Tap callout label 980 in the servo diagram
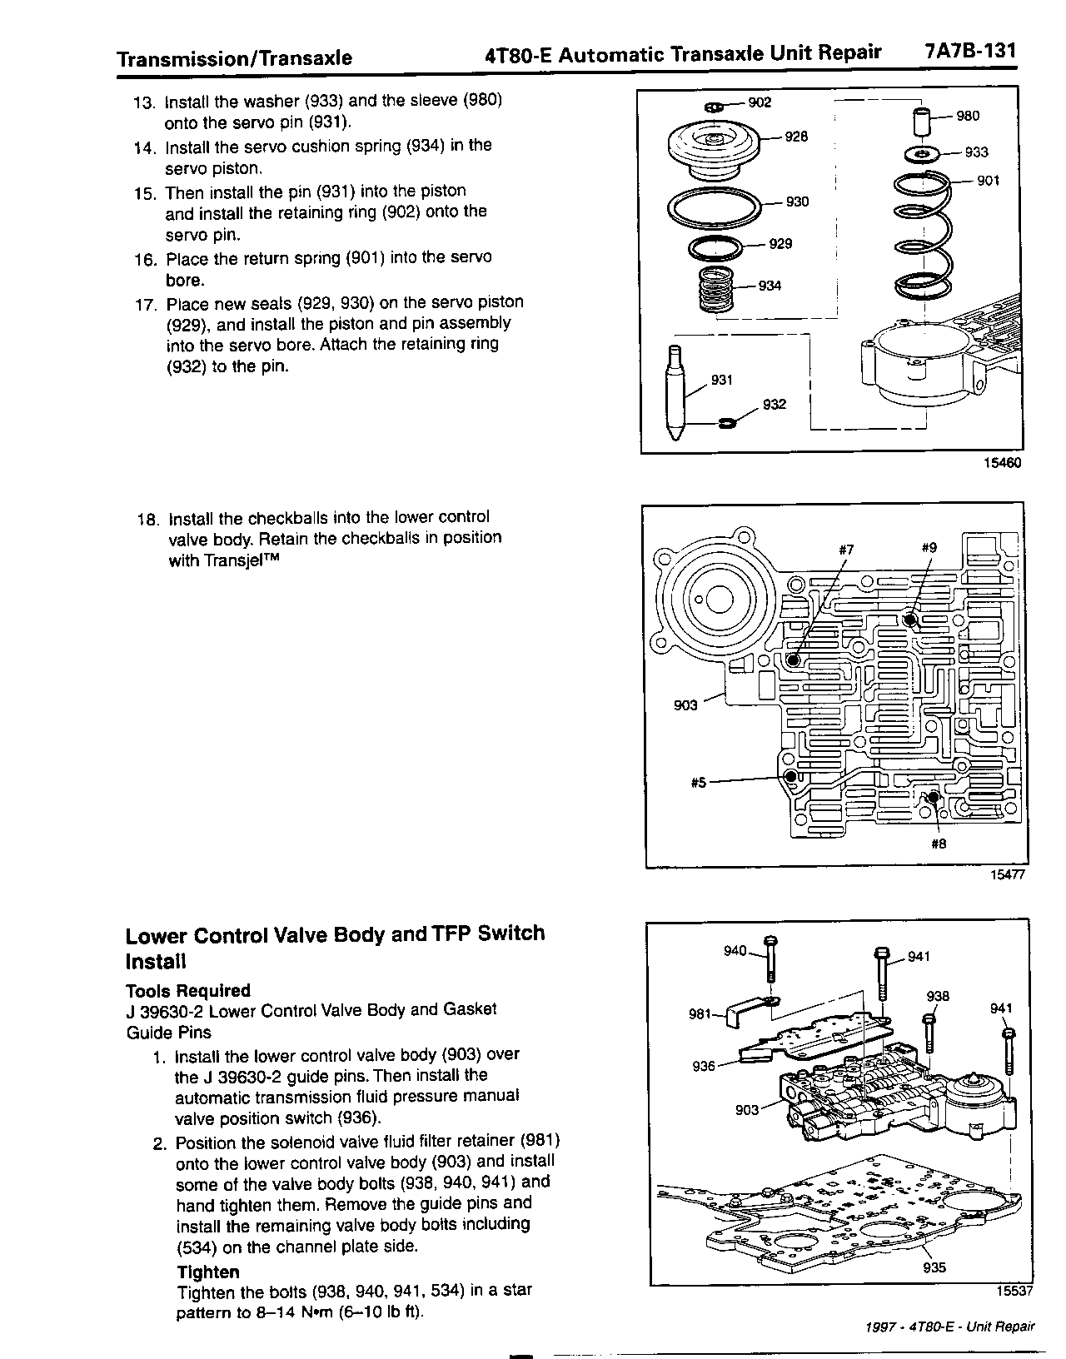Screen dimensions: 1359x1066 (x=968, y=117)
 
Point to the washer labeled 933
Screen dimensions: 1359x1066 (x=921, y=154)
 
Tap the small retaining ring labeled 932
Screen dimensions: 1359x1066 (x=726, y=425)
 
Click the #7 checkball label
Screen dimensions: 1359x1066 (x=846, y=549)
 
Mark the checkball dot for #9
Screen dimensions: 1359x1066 (x=910, y=620)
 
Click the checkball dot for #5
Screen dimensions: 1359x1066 (x=791, y=777)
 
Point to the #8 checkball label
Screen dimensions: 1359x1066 (x=939, y=844)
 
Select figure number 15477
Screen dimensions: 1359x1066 (x=1006, y=875)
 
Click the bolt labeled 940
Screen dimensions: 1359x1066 (x=770, y=963)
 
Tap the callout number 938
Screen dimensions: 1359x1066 (x=938, y=996)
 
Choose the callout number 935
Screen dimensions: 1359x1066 (x=934, y=1267)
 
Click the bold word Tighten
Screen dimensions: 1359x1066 (x=208, y=1272)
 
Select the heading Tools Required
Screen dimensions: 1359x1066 (x=187, y=990)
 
